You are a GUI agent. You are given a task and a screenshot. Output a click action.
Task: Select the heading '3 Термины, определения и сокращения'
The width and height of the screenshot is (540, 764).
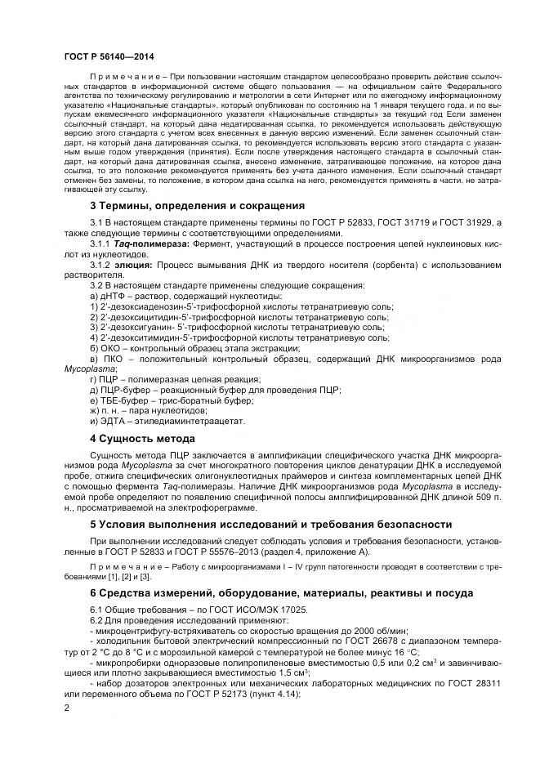coord(185,206)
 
